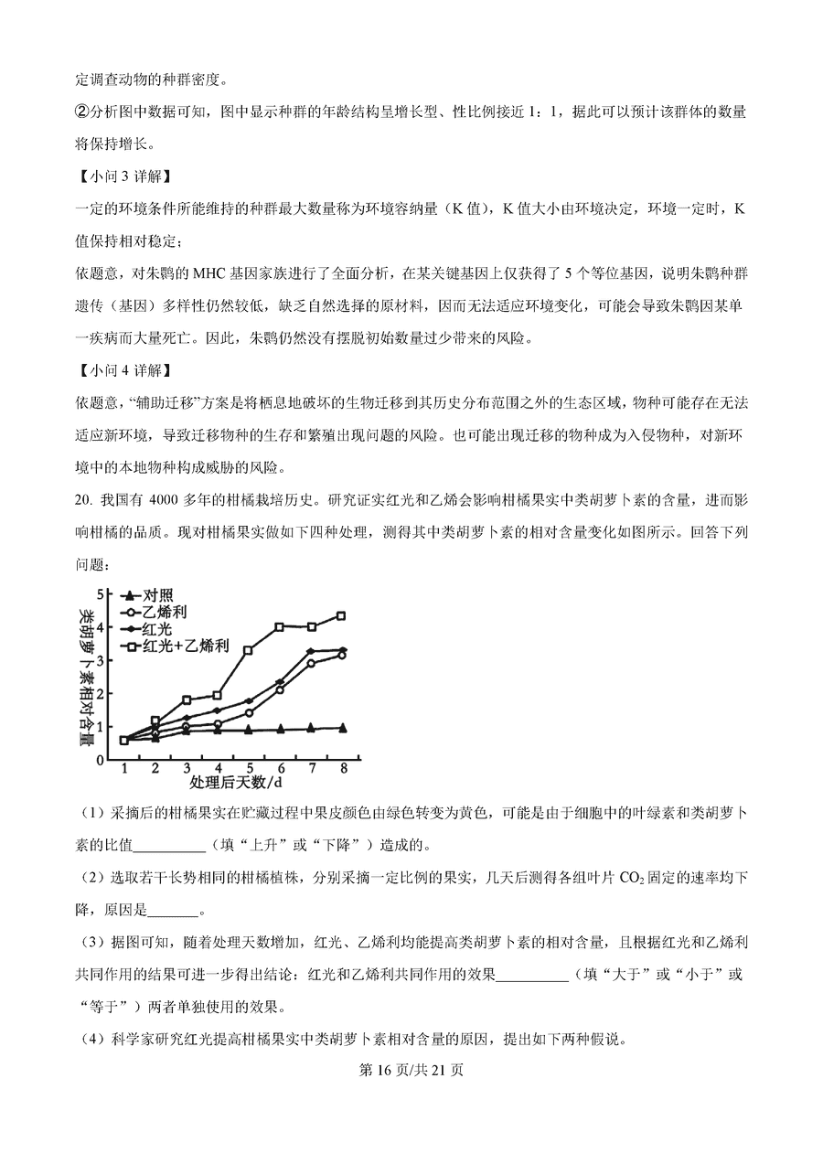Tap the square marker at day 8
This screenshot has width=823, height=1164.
(x=341, y=616)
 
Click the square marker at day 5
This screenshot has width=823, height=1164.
(x=248, y=650)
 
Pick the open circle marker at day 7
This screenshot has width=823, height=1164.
(x=311, y=663)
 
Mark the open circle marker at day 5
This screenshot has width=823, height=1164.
(x=248, y=712)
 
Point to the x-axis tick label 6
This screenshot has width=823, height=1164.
(x=280, y=768)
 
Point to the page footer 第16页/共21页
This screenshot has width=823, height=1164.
(x=411, y=1070)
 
